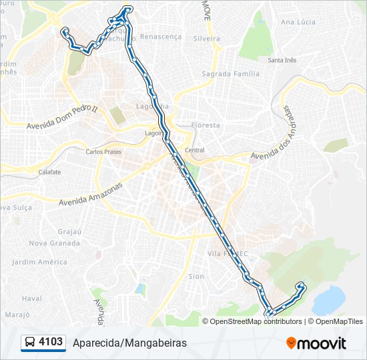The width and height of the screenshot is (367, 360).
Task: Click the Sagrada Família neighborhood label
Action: [x=230, y=74]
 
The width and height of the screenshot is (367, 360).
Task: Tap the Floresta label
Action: [x=205, y=125]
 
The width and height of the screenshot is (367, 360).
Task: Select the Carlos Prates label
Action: [x=103, y=151]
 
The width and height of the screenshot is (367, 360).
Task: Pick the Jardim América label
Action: [x=39, y=262]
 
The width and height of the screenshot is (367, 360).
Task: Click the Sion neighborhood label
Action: [x=196, y=276]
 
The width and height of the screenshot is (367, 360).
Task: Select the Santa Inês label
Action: [x=282, y=61]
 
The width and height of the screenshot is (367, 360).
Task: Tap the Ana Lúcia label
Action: [x=298, y=22]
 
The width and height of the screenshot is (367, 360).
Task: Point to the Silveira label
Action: [x=206, y=39]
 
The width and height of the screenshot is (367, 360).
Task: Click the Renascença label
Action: [x=161, y=37]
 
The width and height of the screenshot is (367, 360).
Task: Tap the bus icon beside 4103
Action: [x=30, y=343]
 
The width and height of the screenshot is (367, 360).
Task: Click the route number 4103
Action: [x=51, y=343]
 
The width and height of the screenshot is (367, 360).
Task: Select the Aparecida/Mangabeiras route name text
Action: [x=130, y=343]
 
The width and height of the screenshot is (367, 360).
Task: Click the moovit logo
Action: [x=316, y=343]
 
